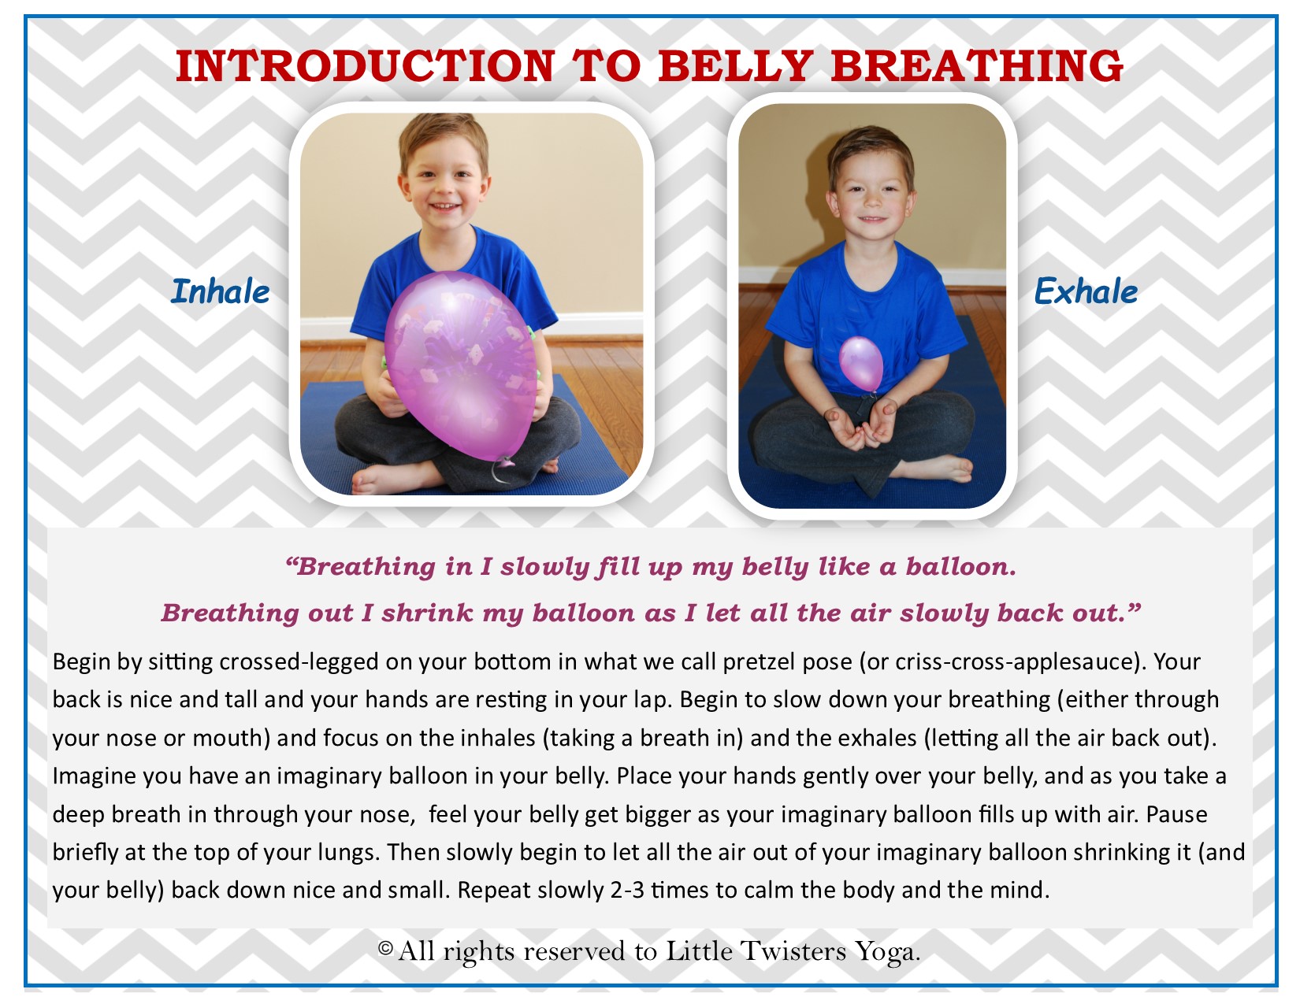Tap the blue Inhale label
[220, 292]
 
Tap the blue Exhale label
[1086, 292]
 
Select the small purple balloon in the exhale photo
[861, 364]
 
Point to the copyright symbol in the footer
[386, 948]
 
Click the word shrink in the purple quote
[427, 613]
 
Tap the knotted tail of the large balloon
[501, 469]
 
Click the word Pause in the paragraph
[1177, 814]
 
